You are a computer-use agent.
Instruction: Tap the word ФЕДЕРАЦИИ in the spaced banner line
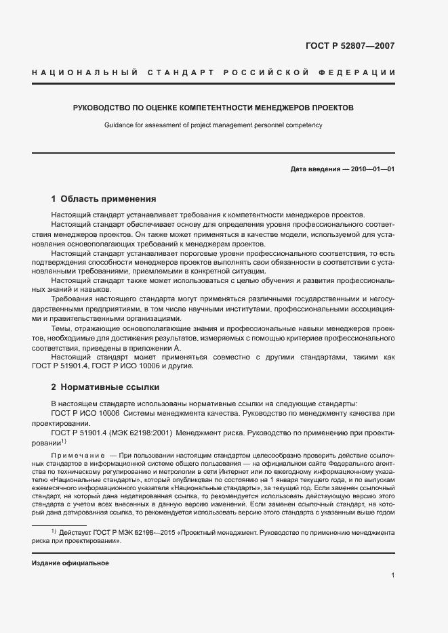359,72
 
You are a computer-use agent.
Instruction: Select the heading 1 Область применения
104,199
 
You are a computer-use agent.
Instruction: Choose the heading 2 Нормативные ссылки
105,387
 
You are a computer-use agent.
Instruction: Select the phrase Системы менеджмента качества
174,412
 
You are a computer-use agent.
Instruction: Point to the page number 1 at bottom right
392,576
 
